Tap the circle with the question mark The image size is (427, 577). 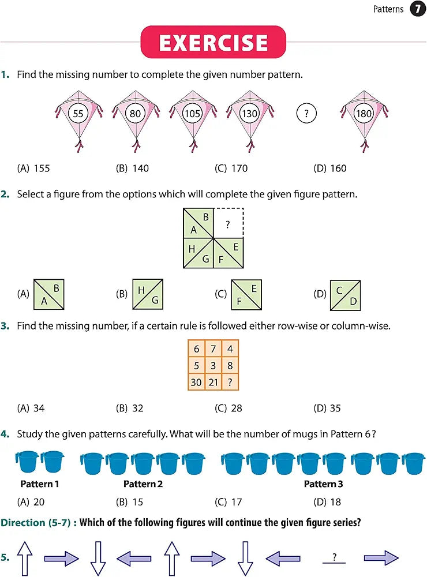point(306,114)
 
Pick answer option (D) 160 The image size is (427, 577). point(330,168)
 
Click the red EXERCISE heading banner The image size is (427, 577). point(213,43)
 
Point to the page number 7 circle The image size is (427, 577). point(417,9)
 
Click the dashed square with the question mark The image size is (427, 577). point(229,223)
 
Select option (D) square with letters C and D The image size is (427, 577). point(345,294)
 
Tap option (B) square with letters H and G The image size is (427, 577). point(148,294)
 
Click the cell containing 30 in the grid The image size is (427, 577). point(196,382)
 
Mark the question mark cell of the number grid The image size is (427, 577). point(230,382)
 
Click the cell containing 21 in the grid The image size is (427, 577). point(213,382)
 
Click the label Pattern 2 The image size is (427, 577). point(143,484)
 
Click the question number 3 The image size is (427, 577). point(5,326)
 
